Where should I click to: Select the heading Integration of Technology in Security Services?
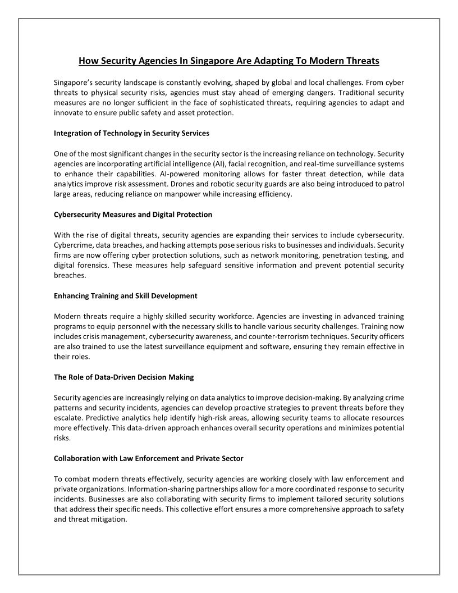coord(131,133)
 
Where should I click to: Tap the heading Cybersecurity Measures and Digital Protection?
coord(133,215)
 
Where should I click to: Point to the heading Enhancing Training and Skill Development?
coord(126,295)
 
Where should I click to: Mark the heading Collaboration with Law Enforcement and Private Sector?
coord(149,458)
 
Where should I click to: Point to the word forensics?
coord(94,266)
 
